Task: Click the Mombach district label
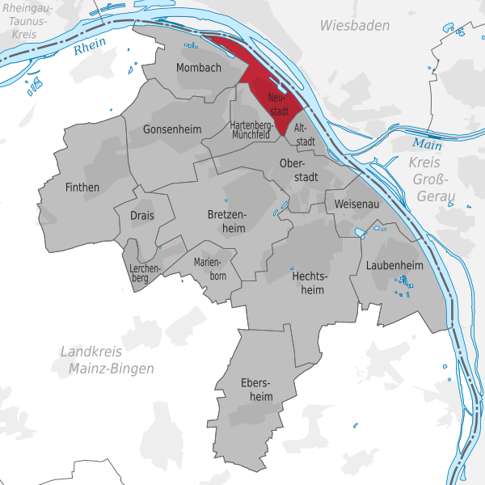[x=198, y=68]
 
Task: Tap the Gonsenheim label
[x=171, y=129]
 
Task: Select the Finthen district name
[x=82, y=188]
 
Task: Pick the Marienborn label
[x=210, y=269]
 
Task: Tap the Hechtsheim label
[x=308, y=282]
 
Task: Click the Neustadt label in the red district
[x=279, y=103]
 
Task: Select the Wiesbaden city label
[x=354, y=26]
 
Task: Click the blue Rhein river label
[x=89, y=48]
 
